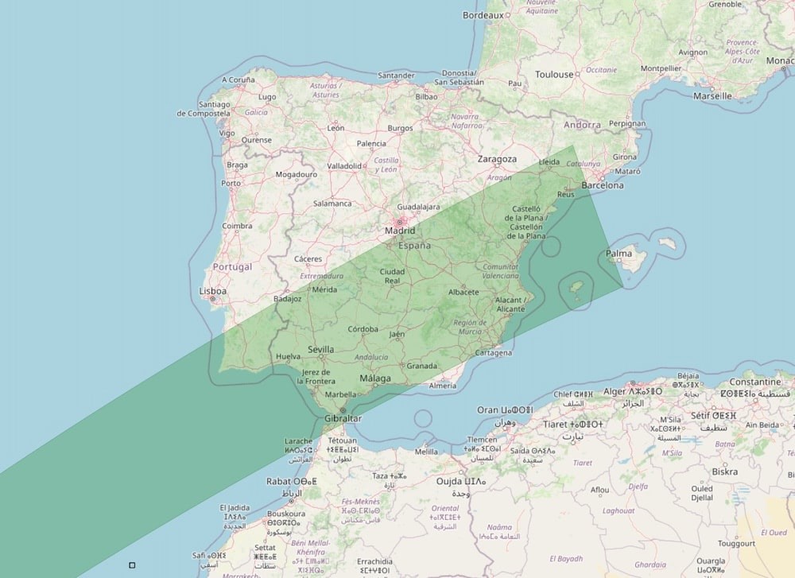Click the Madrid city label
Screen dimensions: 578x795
click(400, 231)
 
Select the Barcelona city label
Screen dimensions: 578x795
click(603, 185)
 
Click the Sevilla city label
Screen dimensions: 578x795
click(320, 349)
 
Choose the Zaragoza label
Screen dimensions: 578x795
click(497, 159)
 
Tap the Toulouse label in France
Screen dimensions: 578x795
click(554, 75)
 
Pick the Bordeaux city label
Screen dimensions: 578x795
click(483, 15)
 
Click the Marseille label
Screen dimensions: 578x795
click(712, 96)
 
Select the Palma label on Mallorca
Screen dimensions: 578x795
click(619, 254)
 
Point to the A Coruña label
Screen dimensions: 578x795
click(238, 80)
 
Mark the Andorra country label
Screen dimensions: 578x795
click(583, 125)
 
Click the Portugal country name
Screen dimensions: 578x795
click(232, 266)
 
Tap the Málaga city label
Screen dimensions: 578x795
click(375, 378)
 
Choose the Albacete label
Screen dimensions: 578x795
click(463, 292)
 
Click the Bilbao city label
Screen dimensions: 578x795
click(426, 96)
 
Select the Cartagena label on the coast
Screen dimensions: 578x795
click(493, 353)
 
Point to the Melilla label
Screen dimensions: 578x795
click(426, 452)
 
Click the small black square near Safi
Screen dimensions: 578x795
click(132, 565)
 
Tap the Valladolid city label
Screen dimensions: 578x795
click(344, 166)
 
